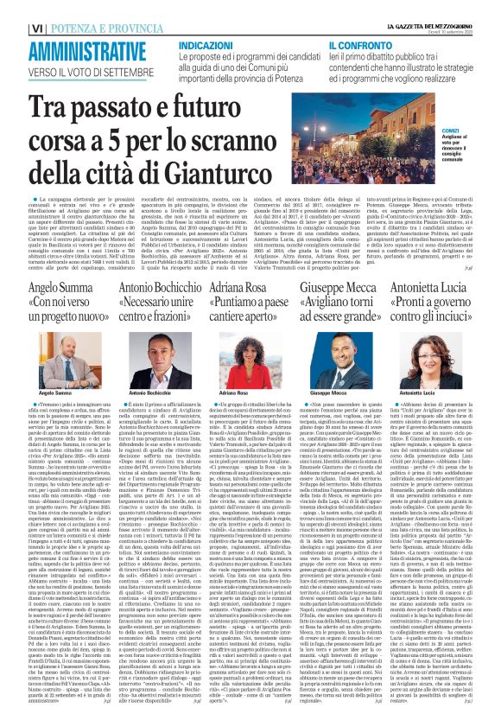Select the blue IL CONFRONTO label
[352, 42]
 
